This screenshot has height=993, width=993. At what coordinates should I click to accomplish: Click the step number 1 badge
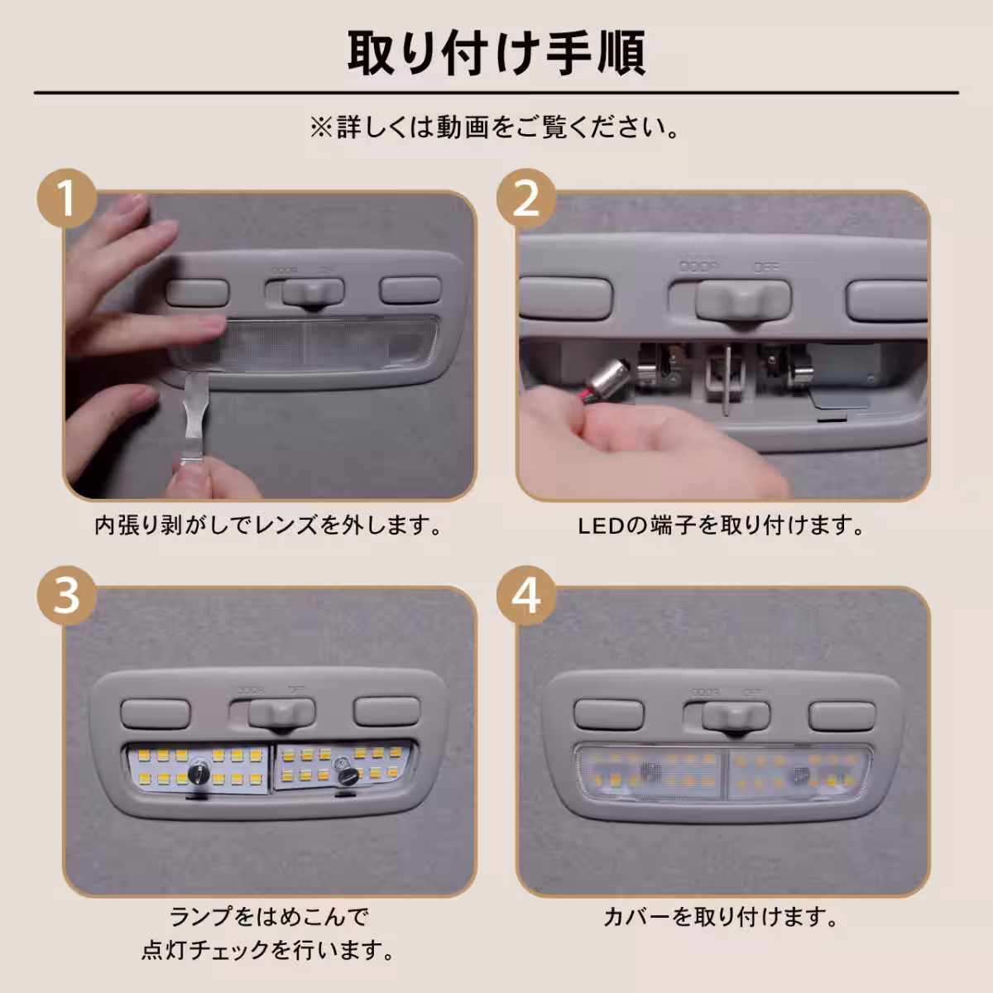tap(67, 199)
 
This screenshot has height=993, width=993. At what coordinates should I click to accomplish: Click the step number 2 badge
tap(526, 199)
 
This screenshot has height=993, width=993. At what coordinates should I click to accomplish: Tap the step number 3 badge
tap(67, 596)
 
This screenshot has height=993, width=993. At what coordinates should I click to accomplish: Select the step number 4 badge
tap(526, 596)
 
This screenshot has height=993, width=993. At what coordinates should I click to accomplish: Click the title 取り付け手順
tap(496, 53)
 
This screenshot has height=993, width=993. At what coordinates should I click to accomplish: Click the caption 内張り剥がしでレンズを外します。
tap(268, 525)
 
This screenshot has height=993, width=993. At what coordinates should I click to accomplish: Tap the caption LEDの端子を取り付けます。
tap(721, 525)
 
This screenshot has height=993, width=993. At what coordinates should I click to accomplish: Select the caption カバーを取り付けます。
tap(721, 917)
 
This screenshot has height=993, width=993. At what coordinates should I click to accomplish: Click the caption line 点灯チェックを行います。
tap(268, 951)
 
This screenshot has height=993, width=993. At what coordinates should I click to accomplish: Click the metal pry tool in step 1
tap(194, 418)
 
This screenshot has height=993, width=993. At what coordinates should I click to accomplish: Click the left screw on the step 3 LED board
tap(197, 771)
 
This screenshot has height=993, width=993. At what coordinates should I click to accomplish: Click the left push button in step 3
tap(155, 713)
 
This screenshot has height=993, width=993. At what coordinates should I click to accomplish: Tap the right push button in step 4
tap(842, 716)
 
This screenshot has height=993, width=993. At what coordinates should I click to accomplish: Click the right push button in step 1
tap(410, 290)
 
